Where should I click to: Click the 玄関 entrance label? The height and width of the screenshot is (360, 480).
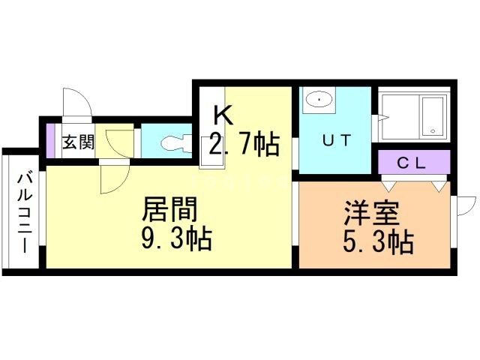coord(78,141)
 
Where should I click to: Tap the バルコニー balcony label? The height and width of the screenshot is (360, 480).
coord(22,214)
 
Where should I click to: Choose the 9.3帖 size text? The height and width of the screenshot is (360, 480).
coord(176,238)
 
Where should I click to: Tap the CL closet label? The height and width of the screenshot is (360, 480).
coord(412,161)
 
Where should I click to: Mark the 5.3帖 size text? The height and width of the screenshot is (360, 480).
coord(379,241)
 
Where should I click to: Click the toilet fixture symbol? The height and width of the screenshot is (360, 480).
coord(171,141)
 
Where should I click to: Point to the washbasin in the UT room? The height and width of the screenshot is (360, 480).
coord(320,100)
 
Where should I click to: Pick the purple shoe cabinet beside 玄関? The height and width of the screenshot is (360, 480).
coord(51,140)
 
